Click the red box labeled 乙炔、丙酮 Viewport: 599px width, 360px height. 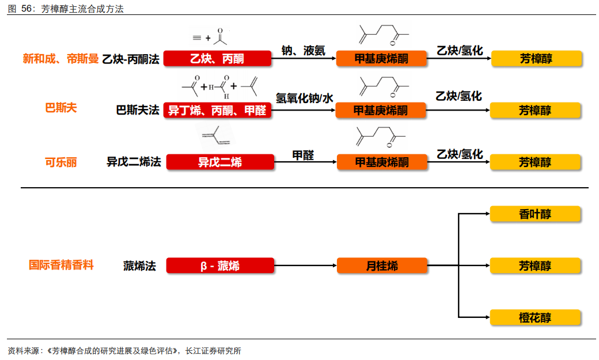[217, 58]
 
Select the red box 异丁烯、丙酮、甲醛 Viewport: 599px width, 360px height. [217, 110]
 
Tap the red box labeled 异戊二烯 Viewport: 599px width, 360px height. [220, 162]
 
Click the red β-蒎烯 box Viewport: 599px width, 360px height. [220, 266]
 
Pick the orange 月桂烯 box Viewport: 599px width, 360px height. [382, 266]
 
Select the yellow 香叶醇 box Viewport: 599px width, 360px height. [535, 214]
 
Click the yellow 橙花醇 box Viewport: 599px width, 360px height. [535, 317]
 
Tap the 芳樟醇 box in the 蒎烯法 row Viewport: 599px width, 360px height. [535, 266]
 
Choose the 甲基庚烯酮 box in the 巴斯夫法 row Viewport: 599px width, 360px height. [381, 110]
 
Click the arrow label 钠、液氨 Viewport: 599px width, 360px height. [303, 51]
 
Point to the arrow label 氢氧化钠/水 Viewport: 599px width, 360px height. [305, 98]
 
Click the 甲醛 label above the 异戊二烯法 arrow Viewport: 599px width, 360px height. [304, 155]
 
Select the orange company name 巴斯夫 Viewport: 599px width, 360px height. [61, 108]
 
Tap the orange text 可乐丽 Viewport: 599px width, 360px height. [61, 162]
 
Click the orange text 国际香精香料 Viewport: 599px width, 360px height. [61, 265]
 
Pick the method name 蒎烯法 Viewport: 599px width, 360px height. [139, 266]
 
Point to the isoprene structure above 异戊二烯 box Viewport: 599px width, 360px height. [215, 136]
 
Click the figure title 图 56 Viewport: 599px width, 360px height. [21, 9]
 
